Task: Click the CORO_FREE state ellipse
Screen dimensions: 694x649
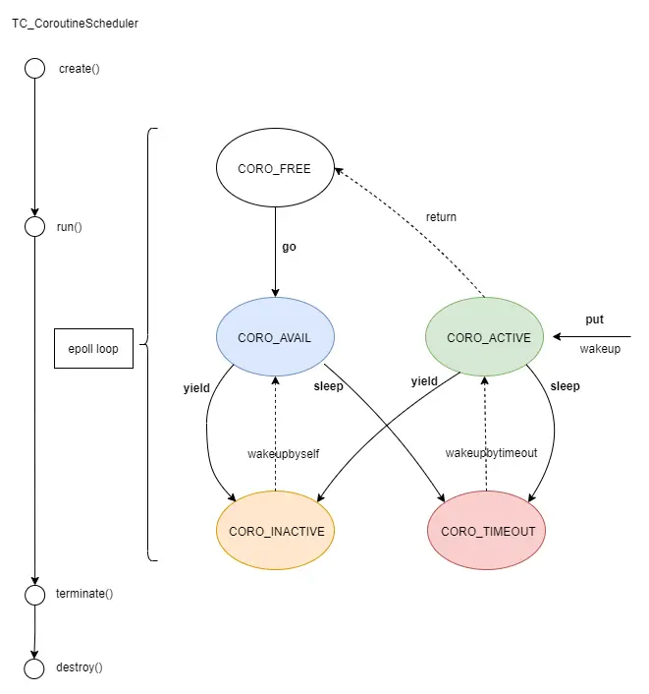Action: point(274,168)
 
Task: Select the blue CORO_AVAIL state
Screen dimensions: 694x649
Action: point(274,337)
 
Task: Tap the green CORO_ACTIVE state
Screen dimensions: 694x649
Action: point(488,337)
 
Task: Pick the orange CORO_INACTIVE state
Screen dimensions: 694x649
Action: point(275,531)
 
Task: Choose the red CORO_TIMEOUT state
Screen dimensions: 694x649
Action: point(488,531)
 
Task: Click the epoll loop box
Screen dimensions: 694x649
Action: point(93,349)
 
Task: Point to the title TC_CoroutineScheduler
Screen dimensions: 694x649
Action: point(75,24)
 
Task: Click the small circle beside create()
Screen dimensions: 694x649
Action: point(35,69)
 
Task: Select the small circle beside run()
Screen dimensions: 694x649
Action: point(35,227)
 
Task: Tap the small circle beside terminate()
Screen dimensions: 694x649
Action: point(35,594)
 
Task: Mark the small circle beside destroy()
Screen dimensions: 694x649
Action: point(35,668)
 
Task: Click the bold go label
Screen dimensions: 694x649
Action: point(289,247)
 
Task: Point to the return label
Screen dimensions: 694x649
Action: point(441,216)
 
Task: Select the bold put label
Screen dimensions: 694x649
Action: point(594,319)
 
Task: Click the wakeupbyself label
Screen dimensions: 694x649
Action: point(283,453)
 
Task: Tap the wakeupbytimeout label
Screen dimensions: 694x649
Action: point(491,453)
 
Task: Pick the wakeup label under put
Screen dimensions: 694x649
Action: point(600,349)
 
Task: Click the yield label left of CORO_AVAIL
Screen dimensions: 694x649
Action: point(196,387)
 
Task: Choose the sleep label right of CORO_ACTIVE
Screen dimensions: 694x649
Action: point(565,386)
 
